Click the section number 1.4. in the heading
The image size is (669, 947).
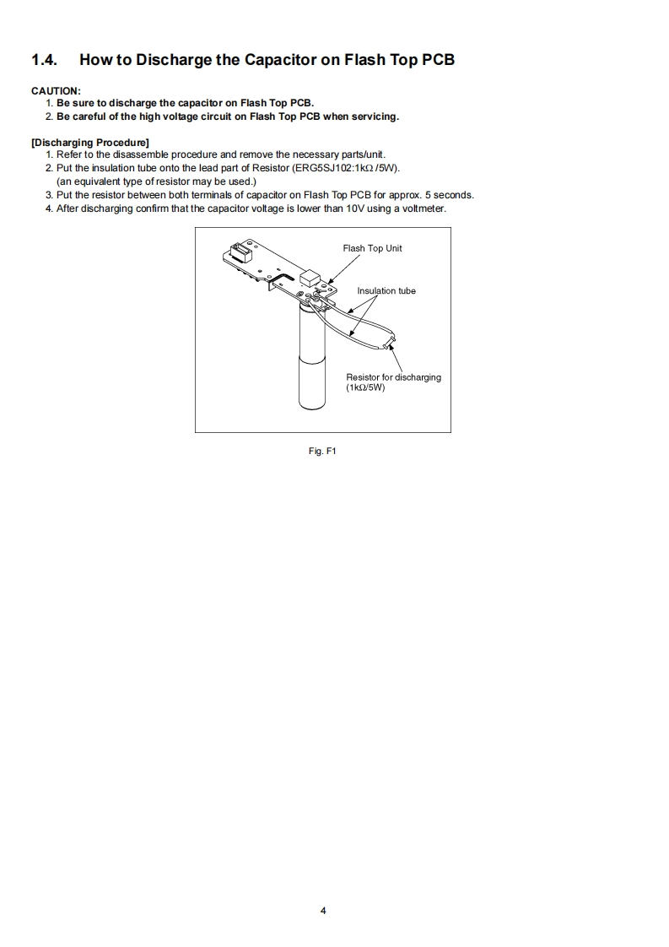[x=45, y=60]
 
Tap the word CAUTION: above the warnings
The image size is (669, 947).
[x=56, y=90]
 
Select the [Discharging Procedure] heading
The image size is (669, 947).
[x=90, y=142]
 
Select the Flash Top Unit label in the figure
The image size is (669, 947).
[x=372, y=248]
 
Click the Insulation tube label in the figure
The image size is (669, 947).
[x=386, y=291]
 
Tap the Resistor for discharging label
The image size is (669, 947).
[x=393, y=377]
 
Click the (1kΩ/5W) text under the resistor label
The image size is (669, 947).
[x=365, y=388]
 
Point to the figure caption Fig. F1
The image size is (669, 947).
[x=323, y=452]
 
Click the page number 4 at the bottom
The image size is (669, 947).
[x=323, y=911]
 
